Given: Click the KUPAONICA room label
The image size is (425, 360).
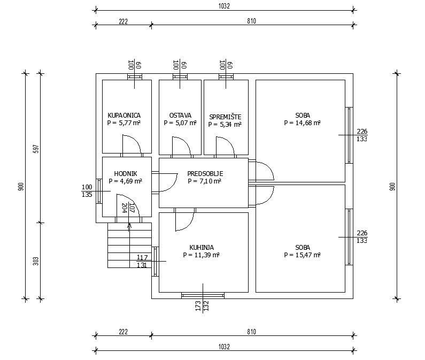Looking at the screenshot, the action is point(124,116).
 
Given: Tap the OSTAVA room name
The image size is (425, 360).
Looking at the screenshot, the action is point(180,116).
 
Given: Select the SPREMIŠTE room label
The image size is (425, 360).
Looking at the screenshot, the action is point(225,117).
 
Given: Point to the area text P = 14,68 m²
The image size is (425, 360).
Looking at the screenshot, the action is point(302,123).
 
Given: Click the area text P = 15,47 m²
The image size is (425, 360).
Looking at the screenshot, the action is point(302,255).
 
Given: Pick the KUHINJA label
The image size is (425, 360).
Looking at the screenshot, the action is point(202,248).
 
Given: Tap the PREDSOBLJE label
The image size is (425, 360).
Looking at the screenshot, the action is point(205,174).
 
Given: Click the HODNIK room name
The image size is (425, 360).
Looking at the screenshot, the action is point(126,174).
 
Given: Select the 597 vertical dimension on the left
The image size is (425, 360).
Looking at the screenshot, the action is point(36,149).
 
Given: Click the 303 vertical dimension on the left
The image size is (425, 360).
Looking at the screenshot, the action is point(36,261).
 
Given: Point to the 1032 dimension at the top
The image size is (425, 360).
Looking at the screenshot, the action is point(224,6).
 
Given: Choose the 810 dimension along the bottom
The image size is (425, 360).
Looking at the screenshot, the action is point(252,332).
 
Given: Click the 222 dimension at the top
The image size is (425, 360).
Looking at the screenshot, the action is point(123,21).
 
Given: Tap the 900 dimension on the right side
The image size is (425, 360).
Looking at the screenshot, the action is point(393,187).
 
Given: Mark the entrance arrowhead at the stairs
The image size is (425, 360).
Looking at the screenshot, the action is point(129,225).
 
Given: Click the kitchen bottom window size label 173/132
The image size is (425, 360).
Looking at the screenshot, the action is point(202,305).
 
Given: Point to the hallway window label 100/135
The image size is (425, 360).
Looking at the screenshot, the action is point(87,191).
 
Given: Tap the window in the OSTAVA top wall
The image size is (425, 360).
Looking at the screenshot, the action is point(180,77).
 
